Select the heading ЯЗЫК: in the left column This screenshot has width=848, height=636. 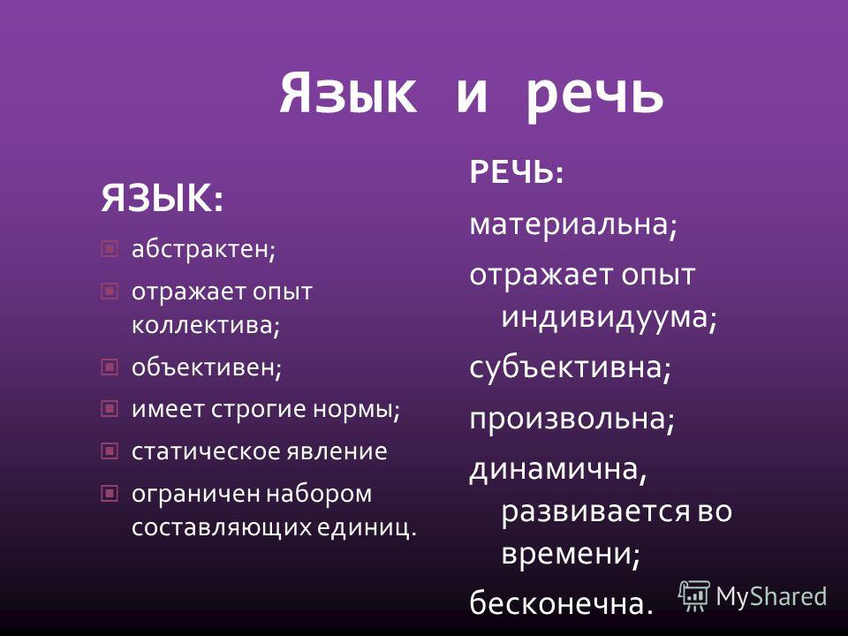pos(162,198)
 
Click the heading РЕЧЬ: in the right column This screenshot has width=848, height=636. pos(517,172)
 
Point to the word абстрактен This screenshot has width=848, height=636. pos(201,249)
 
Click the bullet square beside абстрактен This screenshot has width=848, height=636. pos(110,249)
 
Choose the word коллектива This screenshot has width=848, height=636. pos(202,324)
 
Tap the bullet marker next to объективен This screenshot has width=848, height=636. pos(110,367)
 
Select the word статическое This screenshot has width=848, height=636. pos(206,451)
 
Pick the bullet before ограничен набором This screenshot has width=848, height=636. pos(110,493)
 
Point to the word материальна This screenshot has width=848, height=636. pos(569,223)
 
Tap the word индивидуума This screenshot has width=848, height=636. pos(604,316)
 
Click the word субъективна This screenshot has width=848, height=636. pos(565,367)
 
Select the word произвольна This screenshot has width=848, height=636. pos(568,418)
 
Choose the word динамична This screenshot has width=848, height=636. pos(554,468)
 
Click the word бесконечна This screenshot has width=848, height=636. pos(557,602)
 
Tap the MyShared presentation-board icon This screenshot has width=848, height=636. pos(694,596)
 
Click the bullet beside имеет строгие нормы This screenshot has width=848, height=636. pos(110,409)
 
